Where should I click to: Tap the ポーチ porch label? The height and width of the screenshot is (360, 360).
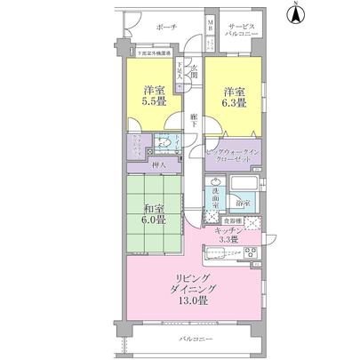[166, 28]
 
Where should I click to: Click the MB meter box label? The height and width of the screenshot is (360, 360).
[211, 27]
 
